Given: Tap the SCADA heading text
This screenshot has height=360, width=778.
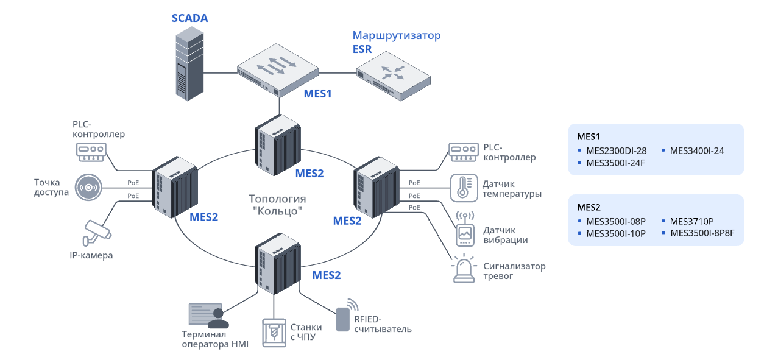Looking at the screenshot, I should point(189,18).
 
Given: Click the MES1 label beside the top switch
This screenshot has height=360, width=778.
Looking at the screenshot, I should point(318,94).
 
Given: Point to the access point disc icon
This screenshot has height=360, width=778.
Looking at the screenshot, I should point(90,187).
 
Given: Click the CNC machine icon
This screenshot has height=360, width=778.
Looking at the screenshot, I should point(274,333).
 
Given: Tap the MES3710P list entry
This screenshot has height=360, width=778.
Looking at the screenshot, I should point(691,221).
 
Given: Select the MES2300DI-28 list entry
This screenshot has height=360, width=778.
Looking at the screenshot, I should point(616,150).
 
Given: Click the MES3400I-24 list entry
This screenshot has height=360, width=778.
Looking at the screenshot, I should point(696,150).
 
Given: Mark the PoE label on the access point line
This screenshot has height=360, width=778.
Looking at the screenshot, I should point(133,183).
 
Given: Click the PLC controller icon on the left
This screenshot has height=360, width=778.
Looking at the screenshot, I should point(91,152).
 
